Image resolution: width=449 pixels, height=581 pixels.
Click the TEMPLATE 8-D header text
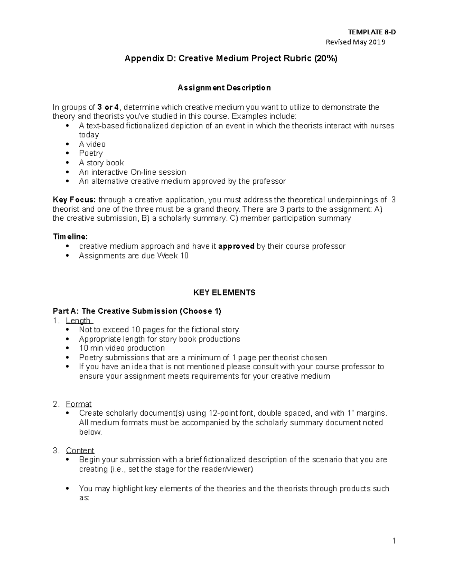[372, 32]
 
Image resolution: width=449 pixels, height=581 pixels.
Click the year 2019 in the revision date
[377, 42]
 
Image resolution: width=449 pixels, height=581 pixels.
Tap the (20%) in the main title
[326, 58]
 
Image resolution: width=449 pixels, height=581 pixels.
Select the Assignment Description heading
[224, 88]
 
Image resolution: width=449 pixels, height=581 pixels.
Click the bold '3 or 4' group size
[108, 107]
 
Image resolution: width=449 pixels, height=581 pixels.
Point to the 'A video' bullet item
[92, 144]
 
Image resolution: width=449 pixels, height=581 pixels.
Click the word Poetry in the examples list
[91, 153]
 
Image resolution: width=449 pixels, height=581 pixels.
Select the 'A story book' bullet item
[101, 163]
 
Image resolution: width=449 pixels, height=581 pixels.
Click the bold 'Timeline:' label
[70, 237]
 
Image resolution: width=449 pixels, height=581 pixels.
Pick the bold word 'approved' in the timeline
[236, 246]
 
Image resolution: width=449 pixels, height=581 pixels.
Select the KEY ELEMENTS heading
[224, 293]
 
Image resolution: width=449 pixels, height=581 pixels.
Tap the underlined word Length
[78, 321]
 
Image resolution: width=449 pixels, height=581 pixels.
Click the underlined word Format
[79, 404]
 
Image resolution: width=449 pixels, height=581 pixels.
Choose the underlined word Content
[80, 450]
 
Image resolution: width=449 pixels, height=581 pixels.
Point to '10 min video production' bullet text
[122, 348]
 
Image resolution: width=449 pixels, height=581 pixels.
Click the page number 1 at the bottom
[394, 541]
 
